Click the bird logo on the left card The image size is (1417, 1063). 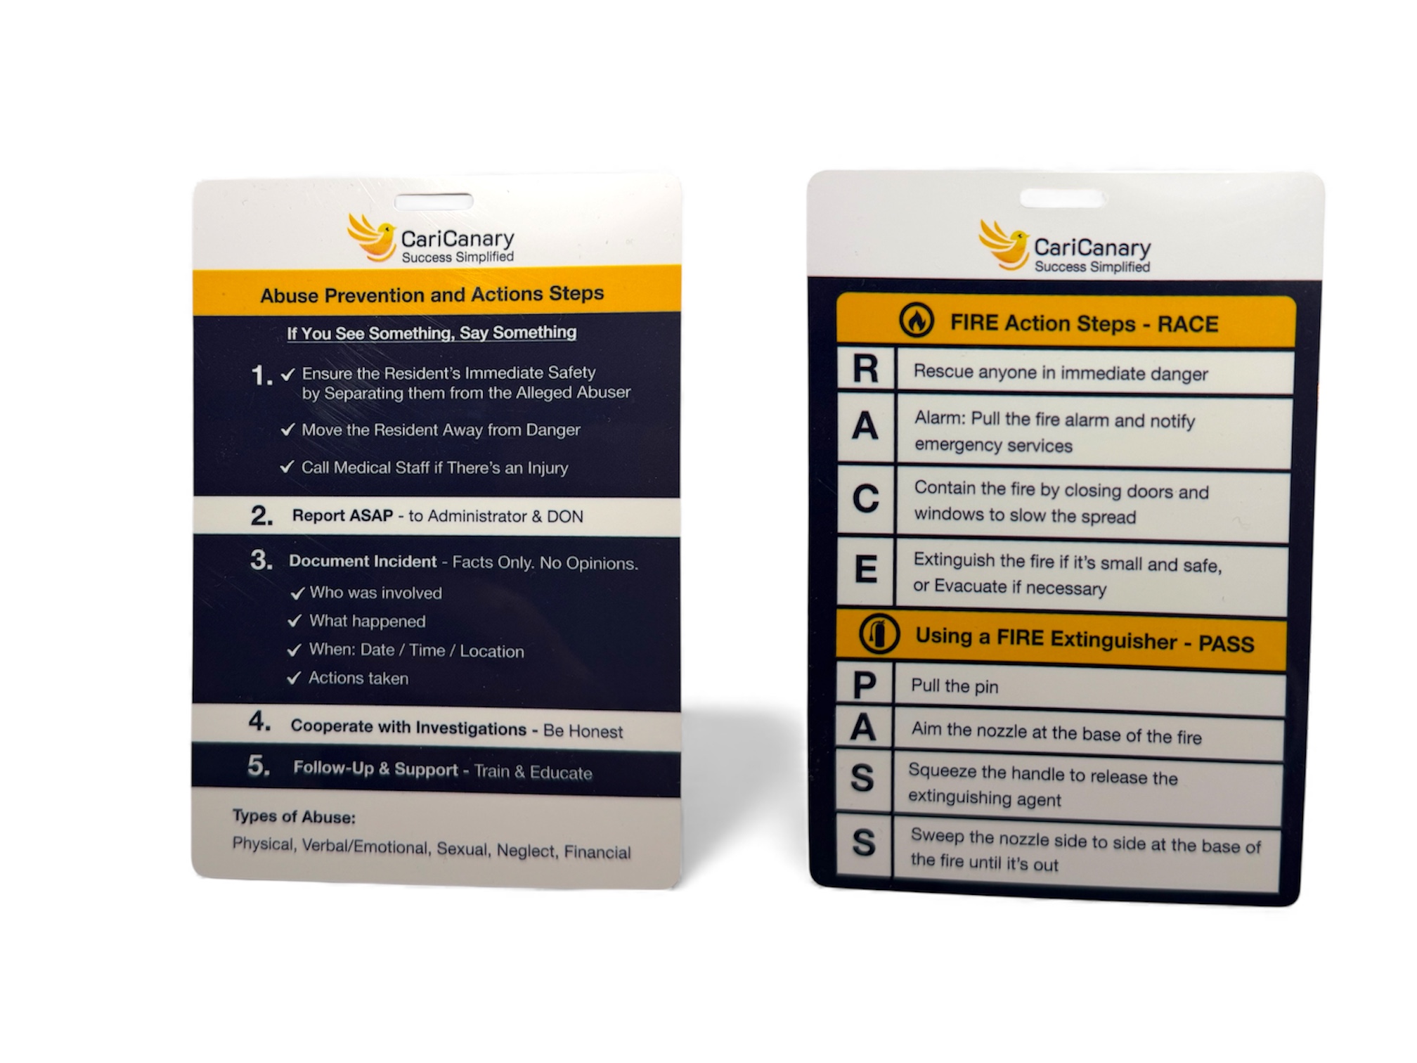point(371,237)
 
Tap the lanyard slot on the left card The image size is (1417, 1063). point(433,202)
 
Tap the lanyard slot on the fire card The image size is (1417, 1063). point(1061,198)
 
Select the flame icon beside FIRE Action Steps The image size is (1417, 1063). point(917,321)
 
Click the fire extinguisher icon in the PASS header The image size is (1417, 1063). point(879,633)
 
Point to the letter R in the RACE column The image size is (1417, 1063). point(865,368)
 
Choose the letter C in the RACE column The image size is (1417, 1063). point(865,500)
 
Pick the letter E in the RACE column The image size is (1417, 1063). point(865,569)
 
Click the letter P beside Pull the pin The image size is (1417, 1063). point(864,685)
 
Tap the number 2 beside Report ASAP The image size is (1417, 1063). point(261,516)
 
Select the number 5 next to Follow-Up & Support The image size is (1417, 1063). point(258,766)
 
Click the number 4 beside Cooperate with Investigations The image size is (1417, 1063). point(259,722)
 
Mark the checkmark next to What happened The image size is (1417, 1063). point(295,621)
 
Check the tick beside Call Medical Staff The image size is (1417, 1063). point(287,467)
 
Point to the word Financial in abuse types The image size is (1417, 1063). point(597,852)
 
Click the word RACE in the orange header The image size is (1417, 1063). point(1188,325)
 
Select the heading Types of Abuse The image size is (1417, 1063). point(294,817)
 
